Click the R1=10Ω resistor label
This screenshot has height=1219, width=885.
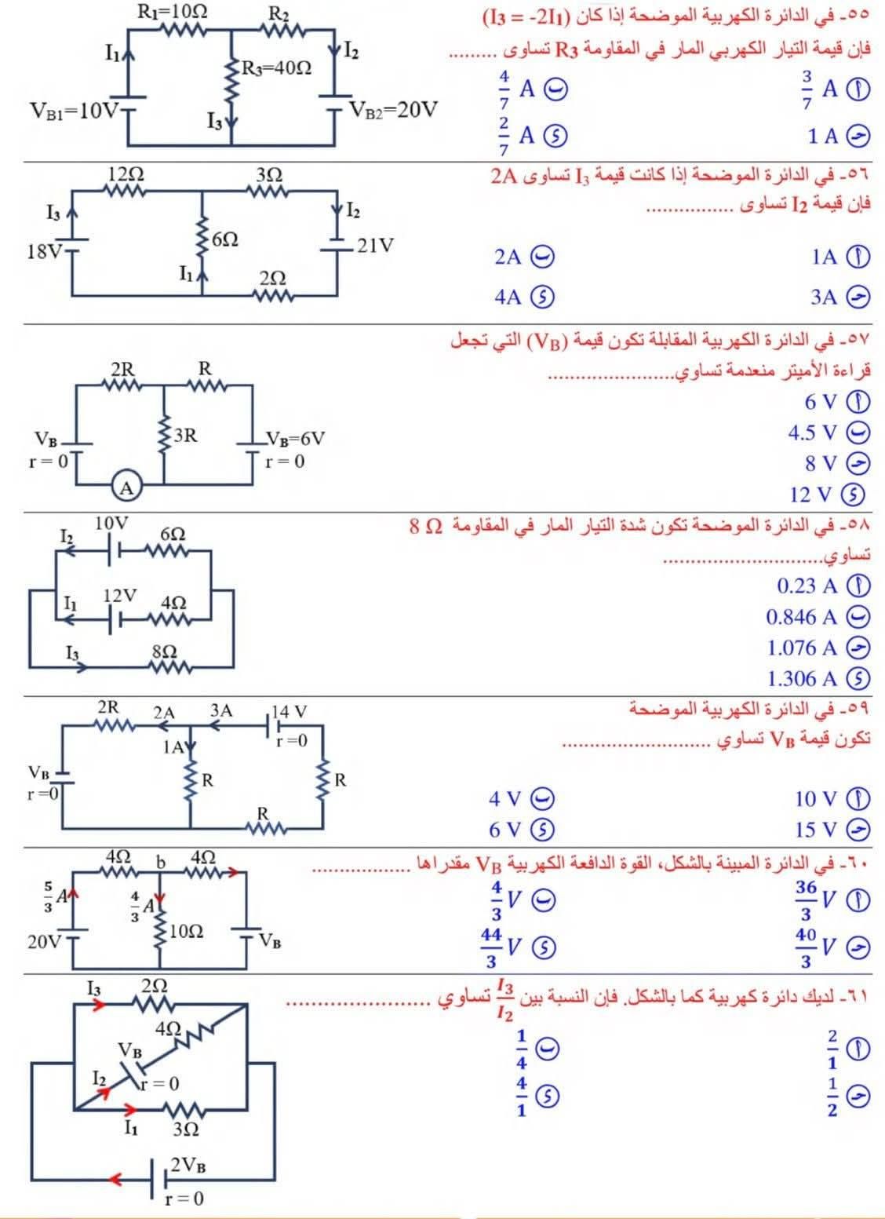172,11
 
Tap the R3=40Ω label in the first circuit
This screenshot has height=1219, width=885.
276,68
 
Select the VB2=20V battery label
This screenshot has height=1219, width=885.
393,108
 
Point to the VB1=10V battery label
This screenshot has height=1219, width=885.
73,109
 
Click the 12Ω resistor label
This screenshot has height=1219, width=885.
126,174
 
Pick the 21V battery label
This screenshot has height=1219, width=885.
375,246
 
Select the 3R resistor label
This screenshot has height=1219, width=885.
185,434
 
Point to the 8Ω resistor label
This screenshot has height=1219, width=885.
164,651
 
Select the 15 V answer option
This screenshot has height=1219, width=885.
816,830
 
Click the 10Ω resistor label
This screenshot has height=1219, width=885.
186,931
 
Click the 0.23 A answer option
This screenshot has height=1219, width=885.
807,586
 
